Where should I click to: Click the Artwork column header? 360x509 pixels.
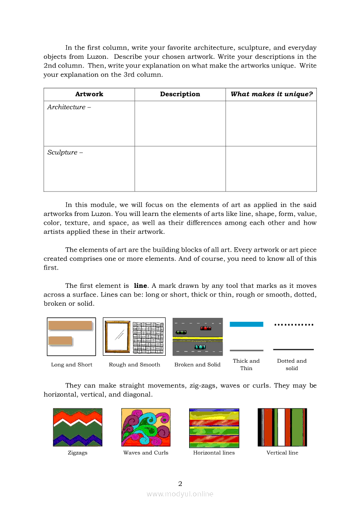click(x=89, y=94)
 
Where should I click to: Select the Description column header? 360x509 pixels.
click(x=180, y=94)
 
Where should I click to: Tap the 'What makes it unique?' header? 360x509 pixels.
click(x=272, y=94)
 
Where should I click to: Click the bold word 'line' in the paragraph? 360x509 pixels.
click(x=140, y=286)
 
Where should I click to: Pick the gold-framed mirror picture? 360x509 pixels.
click(x=117, y=337)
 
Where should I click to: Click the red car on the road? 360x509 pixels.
click(x=206, y=328)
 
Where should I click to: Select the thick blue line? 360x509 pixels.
click(x=246, y=324)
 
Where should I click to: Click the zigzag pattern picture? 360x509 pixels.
click(x=78, y=427)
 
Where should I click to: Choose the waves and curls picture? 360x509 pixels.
click(x=146, y=427)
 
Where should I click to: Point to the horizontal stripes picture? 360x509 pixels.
click(x=214, y=428)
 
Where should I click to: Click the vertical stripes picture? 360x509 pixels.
click(x=282, y=427)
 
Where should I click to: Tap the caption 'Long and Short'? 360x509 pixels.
click(x=71, y=365)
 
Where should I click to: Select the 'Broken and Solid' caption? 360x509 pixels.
click(x=197, y=365)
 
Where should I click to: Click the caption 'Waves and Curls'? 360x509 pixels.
click(x=146, y=453)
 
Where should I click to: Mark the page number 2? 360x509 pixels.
click(x=180, y=483)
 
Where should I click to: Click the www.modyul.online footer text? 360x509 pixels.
click(x=180, y=494)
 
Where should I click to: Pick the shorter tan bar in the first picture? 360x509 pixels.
click(x=60, y=341)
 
